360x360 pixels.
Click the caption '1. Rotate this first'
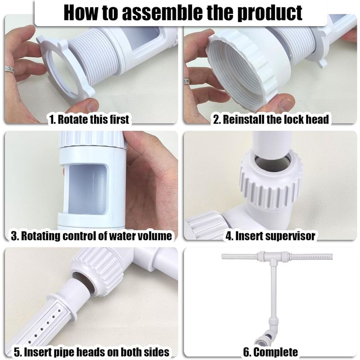tap(89, 119)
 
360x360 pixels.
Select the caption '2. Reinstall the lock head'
tap(271, 119)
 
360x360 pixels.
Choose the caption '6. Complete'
tap(270, 352)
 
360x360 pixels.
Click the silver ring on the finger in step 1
tap(9, 70)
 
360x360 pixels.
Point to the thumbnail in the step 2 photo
tap(287, 103)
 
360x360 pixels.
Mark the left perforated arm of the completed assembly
tap(239, 256)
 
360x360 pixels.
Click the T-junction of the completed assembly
tap(273, 257)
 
